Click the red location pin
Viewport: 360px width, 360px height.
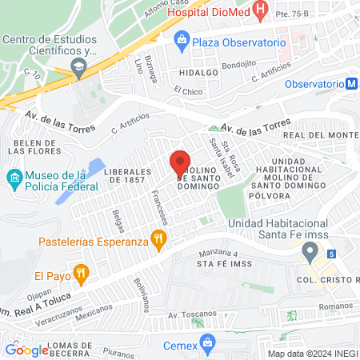pyautogui.click(x=181, y=165)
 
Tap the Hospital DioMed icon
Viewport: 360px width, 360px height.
pyautogui.click(x=261, y=10)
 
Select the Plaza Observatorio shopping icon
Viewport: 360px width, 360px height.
pyautogui.click(x=182, y=40)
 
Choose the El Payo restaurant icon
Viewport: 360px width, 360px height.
pyautogui.click(x=81, y=274)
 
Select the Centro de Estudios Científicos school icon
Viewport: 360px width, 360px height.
pyautogui.click(x=78, y=70)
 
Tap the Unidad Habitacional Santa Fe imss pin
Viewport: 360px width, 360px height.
pyautogui.click(x=310, y=254)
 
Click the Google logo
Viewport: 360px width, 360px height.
pyautogui.click(x=27, y=350)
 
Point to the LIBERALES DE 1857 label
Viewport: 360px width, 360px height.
pyautogui.click(x=128, y=176)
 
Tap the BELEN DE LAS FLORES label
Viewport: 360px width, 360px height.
pyautogui.click(x=33, y=145)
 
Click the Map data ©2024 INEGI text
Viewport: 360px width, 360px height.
pyautogui.click(x=312, y=354)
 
